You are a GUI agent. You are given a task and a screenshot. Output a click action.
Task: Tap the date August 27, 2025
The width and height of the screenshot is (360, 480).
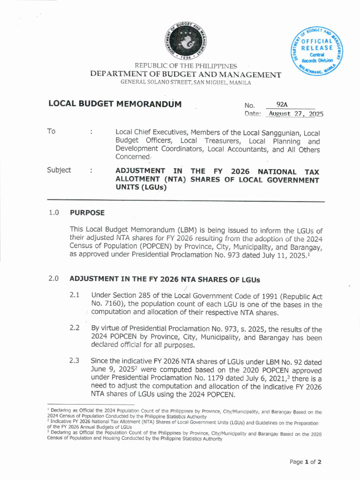(295, 114)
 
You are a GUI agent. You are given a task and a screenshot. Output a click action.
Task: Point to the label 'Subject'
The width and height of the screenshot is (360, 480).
(59, 170)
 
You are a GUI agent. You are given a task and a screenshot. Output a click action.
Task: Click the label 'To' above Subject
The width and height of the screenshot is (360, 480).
(51, 131)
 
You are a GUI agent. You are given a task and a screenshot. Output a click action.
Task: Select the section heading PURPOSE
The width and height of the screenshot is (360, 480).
(87, 212)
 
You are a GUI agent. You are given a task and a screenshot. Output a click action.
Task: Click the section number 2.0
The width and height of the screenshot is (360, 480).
(53, 278)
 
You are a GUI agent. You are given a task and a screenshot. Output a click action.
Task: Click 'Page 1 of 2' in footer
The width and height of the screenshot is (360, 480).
(305, 462)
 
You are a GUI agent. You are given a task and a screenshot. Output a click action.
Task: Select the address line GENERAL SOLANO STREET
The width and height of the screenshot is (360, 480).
(186, 82)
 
